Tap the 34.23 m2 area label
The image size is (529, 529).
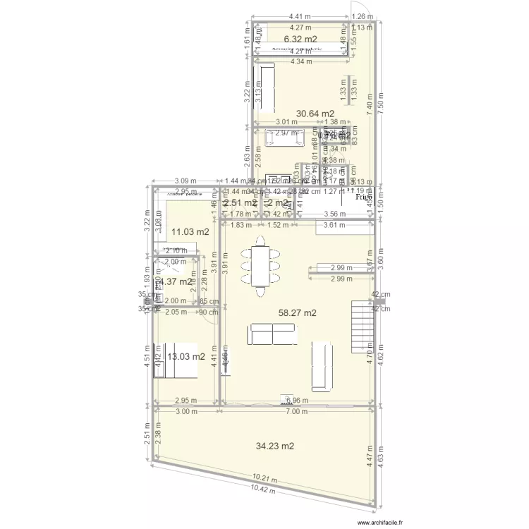click(276, 446)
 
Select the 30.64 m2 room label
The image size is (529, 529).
click(315, 113)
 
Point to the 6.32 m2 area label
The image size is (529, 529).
click(300, 39)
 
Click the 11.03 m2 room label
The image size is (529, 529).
click(190, 231)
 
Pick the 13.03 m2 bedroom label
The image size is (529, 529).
click(187, 356)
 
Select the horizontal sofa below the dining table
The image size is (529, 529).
click(272, 334)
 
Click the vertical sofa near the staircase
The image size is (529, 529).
click(322, 365)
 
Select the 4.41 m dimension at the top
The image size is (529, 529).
click(300, 17)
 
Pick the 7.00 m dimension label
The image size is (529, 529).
click(301, 412)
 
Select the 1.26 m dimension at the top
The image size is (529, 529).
click(362, 17)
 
